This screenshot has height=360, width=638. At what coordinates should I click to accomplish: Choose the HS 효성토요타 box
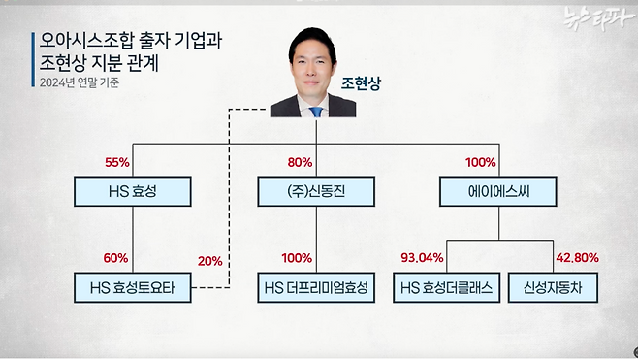coord(133,288)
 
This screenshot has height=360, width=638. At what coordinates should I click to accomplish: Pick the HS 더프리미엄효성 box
coord(315,288)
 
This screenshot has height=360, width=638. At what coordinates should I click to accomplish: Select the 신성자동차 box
coord(549,288)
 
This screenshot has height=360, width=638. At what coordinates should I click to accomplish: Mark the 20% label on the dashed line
coord(209,261)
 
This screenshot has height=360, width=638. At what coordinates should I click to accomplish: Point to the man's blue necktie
coord(315,109)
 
